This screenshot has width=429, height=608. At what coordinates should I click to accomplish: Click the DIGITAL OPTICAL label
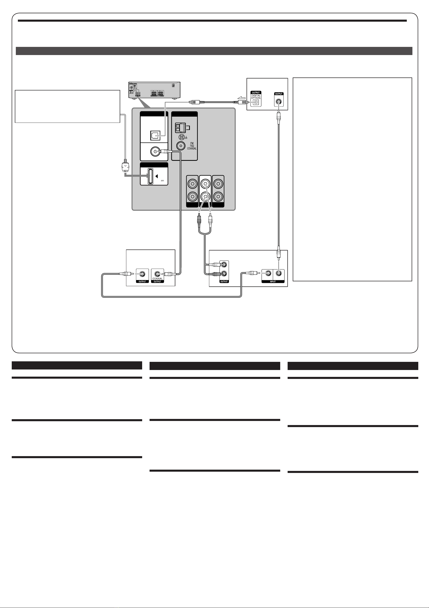click(x=256, y=97)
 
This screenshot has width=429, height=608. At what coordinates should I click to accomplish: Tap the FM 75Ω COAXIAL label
click(x=192, y=146)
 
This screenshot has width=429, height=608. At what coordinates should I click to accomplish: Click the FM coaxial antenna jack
click(x=181, y=146)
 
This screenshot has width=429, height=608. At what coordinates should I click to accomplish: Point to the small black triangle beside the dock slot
click(x=156, y=176)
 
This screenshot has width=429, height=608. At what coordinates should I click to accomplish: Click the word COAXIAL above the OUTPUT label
click(x=157, y=279)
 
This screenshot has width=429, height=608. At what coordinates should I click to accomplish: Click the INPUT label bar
click(x=273, y=282)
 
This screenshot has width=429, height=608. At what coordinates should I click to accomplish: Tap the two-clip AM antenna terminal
click(x=180, y=128)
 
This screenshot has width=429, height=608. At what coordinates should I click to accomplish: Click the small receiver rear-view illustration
click(x=154, y=90)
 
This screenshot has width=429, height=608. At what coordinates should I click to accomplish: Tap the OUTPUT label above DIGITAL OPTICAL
click(x=256, y=93)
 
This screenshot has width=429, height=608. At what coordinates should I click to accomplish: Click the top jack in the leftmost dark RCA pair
click(x=192, y=183)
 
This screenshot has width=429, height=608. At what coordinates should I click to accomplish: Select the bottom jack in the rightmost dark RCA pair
click(x=218, y=196)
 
